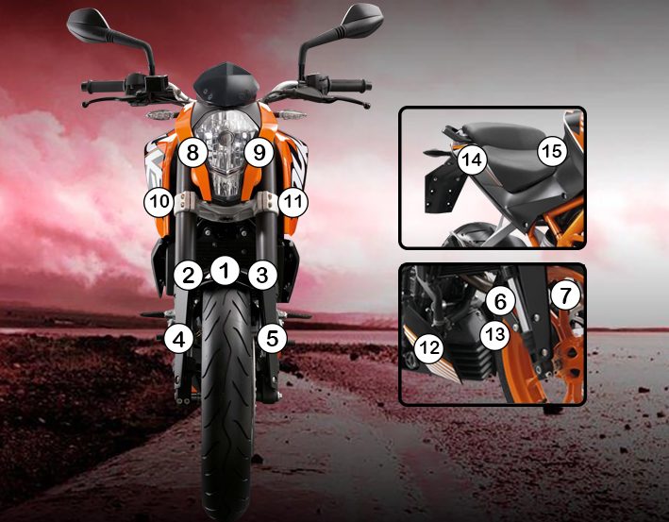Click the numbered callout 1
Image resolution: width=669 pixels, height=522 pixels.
tap(225, 270)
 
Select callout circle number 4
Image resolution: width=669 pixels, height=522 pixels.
tap(178, 339)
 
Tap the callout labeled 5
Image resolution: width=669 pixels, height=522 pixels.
tap(272, 339)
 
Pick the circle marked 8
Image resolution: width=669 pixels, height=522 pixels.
tap(192, 152)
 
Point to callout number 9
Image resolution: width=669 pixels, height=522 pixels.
tap(259, 152)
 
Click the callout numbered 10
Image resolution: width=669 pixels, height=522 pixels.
tap(159, 201)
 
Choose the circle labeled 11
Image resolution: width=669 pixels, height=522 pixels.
tap(293, 202)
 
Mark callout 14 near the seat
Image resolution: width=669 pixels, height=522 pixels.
tap(472, 160)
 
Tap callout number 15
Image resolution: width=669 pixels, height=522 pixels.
tap(552, 151)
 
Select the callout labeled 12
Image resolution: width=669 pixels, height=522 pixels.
tap(429, 348)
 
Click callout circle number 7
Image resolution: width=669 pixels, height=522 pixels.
tap(565, 295)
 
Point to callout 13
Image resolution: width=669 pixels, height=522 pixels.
tap(495, 335)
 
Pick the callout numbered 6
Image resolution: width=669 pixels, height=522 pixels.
tap(500, 301)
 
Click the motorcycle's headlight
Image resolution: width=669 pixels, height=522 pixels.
tap(226, 155)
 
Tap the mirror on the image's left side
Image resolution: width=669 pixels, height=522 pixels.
tap(89, 25)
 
